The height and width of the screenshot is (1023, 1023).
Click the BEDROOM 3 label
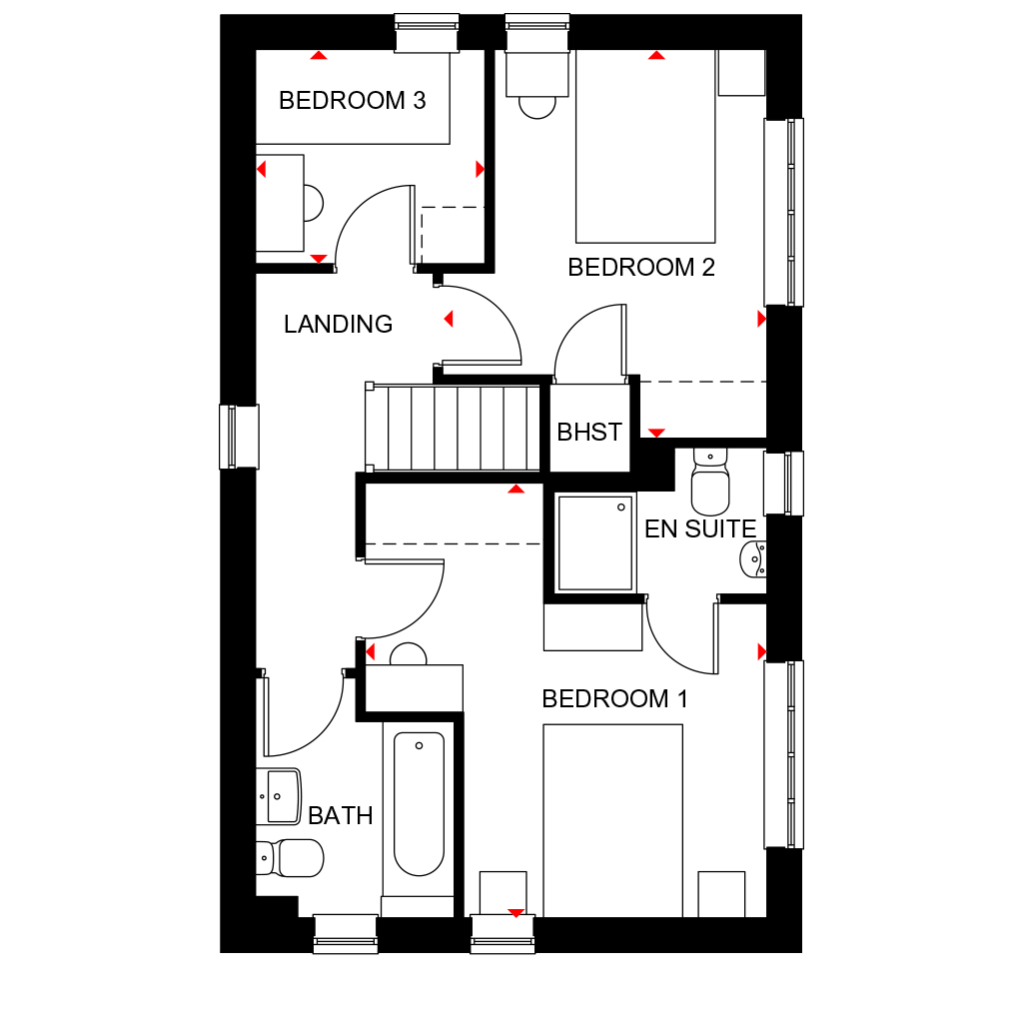(352, 101)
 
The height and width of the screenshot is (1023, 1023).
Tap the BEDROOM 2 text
(641, 268)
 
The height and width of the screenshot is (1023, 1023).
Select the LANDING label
(338, 325)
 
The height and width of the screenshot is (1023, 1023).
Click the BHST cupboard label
(589, 433)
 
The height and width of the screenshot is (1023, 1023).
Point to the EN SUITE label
(699, 529)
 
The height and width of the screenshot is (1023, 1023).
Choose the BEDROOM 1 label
(614, 699)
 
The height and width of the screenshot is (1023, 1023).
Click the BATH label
(340, 816)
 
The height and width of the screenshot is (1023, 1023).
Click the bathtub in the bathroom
(419, 804)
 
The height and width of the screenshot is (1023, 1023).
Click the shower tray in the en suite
(595, 542)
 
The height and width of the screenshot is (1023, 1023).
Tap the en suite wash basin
(752, 558)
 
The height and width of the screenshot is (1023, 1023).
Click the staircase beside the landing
(456, 428)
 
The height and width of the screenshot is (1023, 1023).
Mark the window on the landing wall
(239, 437)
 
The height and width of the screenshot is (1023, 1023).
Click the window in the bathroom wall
(346, 933)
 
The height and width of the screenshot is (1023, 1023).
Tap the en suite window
(783, 484)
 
